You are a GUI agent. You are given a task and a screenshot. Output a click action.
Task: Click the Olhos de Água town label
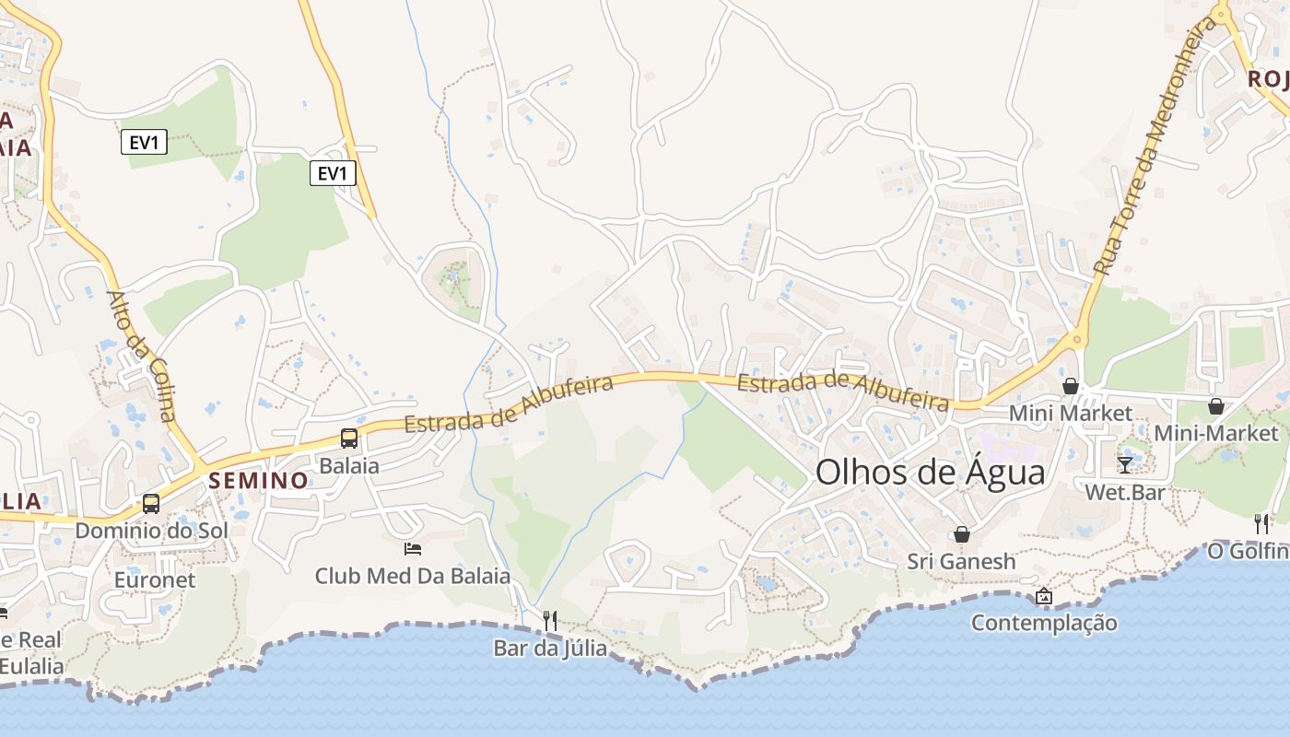[931, 473]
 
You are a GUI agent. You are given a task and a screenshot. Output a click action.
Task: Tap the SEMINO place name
[258, 480]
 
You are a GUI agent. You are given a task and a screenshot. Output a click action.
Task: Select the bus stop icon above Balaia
[349, 439]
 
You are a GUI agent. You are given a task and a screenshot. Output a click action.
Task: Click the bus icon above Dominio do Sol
[151, 504]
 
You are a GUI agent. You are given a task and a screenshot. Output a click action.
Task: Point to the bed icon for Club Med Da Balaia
[413, 549]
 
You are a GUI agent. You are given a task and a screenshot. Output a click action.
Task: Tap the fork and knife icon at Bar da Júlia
[550, 620]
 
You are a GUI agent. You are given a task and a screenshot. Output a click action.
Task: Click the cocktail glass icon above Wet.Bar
[1125, 463]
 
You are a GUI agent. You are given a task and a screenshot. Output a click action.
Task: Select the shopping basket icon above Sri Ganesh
[962, 534]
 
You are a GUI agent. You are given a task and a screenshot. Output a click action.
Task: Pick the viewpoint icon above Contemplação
[1044, 596]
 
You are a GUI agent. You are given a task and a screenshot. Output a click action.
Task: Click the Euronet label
[155, 579]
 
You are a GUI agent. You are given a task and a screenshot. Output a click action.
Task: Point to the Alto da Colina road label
[142, 356]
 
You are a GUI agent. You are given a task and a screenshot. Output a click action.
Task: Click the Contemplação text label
[1044, 623]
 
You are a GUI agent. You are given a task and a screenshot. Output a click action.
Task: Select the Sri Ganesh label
[961, 561]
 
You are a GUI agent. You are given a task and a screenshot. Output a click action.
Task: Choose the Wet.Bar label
[1124, 492]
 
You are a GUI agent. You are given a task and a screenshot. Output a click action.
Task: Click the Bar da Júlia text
[550, 648]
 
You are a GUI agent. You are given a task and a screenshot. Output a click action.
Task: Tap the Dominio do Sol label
[151, 531]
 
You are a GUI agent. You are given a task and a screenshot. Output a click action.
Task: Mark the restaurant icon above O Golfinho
[1261, 523]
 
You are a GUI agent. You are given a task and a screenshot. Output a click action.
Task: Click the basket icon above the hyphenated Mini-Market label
[1216, 406]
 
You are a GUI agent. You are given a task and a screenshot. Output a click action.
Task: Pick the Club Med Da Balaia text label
[413, 577]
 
